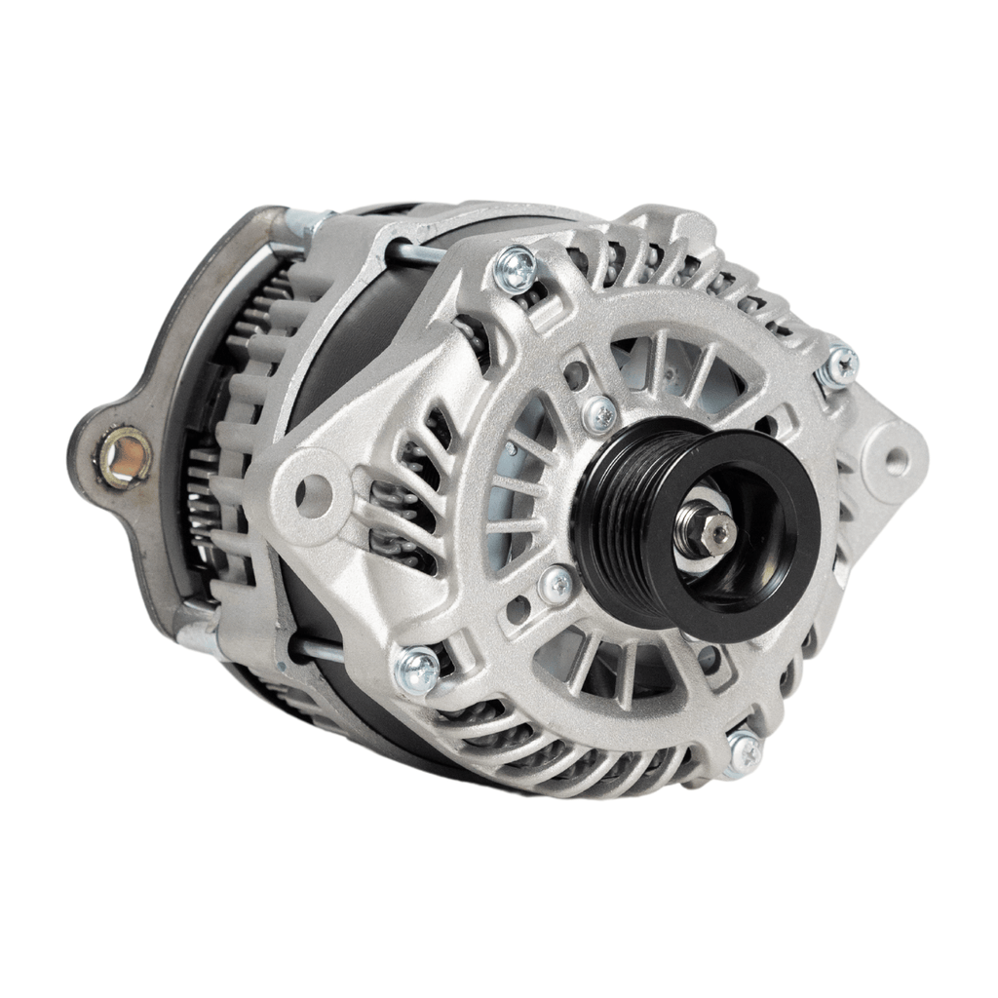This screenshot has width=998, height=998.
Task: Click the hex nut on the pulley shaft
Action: pos(719,531)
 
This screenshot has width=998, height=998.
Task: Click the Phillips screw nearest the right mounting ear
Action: pos(838,367)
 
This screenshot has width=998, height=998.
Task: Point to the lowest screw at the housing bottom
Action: pos(743,751)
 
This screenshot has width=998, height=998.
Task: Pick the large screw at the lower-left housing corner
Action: pos(417,671)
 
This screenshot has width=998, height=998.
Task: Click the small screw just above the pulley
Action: pos(601,414)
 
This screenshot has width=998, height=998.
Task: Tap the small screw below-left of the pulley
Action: pos(557,586)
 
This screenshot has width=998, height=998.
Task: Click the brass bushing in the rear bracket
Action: pos(127,457)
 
